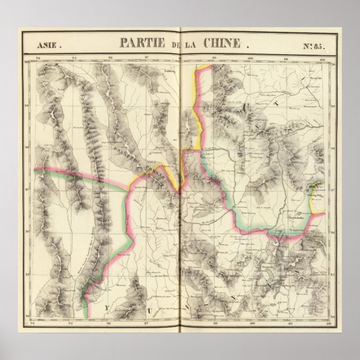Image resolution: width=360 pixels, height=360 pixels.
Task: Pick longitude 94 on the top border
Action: (x=38, y=58)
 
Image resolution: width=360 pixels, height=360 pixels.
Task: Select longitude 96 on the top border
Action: (x=110, y=58)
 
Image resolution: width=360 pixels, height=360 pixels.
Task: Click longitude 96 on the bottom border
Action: (x=110, y=323)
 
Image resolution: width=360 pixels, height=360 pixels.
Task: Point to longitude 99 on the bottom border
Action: (x=215, y=323)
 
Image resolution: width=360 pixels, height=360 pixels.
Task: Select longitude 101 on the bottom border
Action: (x=286, y=323)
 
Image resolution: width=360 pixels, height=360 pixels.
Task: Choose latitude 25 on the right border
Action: (x=334, y=274)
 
